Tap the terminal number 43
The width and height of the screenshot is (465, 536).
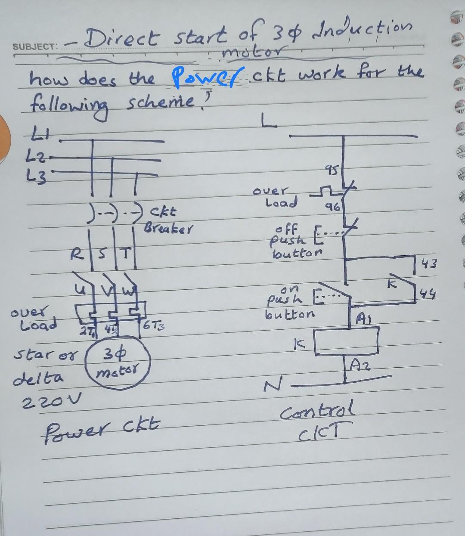[429, 263]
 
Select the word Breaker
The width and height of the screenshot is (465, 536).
[169, 226]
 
